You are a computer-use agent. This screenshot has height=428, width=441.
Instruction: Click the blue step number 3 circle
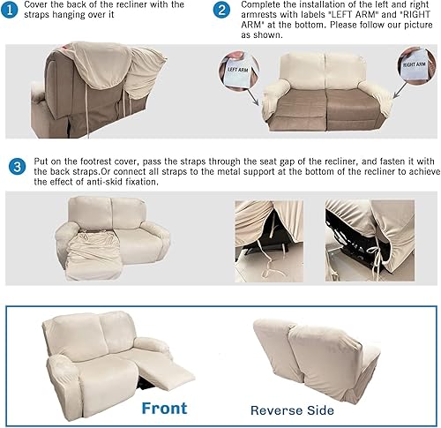[17, 165]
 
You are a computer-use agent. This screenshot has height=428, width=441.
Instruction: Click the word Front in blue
[164, 408]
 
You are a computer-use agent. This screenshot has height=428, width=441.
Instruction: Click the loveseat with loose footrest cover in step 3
[111, 244]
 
